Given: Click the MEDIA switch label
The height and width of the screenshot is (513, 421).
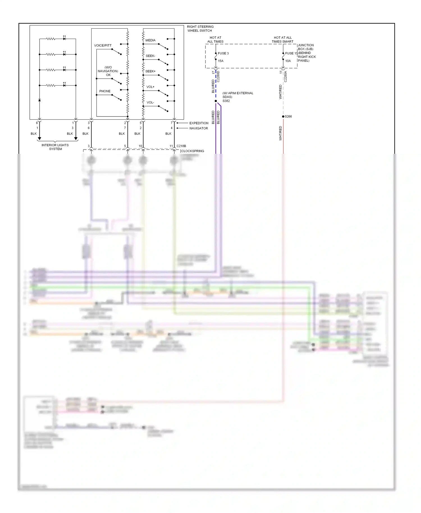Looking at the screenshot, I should click(x=150, y=40).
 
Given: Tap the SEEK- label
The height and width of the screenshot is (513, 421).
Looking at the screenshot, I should click(x=150, y=56).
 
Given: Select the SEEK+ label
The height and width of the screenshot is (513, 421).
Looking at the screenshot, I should click(x=150, y=71).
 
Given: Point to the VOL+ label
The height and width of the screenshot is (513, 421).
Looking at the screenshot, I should click(x=150, y=87).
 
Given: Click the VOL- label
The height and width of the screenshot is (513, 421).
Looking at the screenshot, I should click(x=150, y=102).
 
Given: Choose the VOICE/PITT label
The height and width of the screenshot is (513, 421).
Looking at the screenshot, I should click(x=103, y=45).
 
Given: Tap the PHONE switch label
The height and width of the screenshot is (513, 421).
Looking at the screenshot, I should click(x=105, y=91).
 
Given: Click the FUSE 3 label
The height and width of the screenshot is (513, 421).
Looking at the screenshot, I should click(x=223, y=53).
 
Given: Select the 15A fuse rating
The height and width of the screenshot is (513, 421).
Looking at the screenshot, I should click(x=221, y=61).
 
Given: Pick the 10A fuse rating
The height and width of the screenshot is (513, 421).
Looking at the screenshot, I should click(x=288, y=61).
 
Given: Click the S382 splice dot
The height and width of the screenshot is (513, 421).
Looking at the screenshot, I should click(x=216, y=101).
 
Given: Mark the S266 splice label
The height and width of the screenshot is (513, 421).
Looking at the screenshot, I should click(x=288, y=116).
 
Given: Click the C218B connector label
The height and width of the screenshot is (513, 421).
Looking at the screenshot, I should click(x=181, y=146).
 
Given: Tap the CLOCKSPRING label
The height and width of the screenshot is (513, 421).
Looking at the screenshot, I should click(x=193, y=151).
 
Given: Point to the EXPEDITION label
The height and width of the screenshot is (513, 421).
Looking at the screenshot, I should click(x=199, y=123).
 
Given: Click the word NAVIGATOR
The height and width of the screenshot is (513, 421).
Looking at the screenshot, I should click(x=198, y=128).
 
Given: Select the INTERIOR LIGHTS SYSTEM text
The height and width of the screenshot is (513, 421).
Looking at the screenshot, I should click(x=55, y=147).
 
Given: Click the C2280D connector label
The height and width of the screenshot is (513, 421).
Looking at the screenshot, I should click(x=218, y=77).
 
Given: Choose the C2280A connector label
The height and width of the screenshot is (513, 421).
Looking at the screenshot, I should click(x=285, y=77).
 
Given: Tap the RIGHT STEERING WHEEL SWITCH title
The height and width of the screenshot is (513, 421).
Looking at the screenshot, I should click(x=200, y=29).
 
